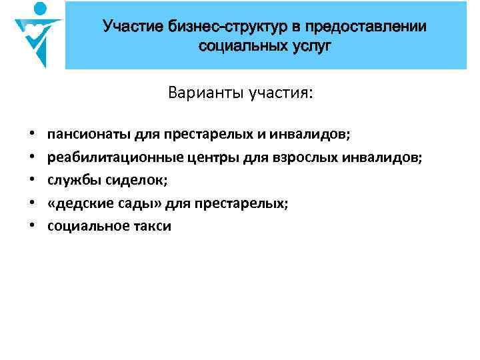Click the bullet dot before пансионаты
click(32, 135)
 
